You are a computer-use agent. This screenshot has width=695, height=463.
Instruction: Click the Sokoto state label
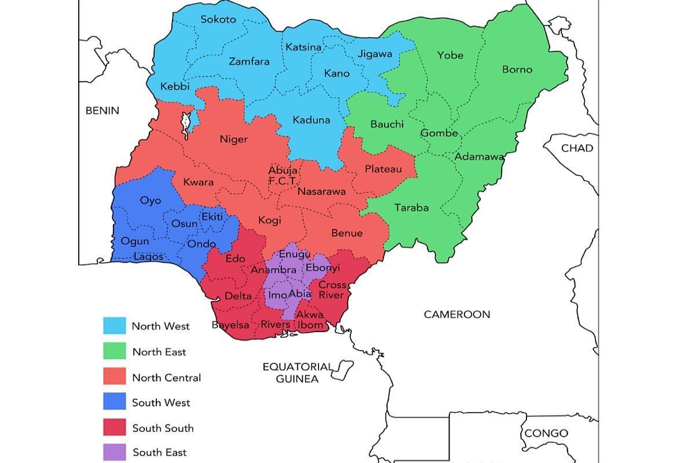[218, 19]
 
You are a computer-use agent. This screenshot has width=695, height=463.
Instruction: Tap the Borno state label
[517, 69]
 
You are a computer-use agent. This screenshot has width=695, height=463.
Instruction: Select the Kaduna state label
[311, 120]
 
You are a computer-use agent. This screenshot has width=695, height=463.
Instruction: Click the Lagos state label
[148, 256]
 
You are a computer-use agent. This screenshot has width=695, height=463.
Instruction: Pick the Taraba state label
[411, 207]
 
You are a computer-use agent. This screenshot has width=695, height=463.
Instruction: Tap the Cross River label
[332, 290]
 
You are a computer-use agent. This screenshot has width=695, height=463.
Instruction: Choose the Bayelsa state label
[229, 325]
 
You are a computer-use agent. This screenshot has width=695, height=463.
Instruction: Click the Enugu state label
[295, 254]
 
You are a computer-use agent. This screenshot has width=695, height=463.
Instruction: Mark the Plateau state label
[383, 169]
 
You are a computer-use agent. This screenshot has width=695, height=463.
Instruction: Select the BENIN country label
[102, 111]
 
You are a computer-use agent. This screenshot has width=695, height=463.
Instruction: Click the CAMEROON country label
[457, 314]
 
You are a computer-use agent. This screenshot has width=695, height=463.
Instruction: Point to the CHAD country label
[577, 148]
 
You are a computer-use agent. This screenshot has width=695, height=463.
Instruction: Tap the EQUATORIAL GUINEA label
[298, 373]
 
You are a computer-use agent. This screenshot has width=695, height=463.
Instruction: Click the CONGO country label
[546, 433]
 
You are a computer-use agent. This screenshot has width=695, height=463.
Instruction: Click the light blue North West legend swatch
[114, 326]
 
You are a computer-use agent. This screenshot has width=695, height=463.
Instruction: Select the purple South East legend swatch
[114, 453]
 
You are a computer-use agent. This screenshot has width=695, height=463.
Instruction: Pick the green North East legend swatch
[114, 351]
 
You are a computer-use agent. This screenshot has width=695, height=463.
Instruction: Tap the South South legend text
[163, 428]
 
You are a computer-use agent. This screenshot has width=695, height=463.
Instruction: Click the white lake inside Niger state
[186, 123]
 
